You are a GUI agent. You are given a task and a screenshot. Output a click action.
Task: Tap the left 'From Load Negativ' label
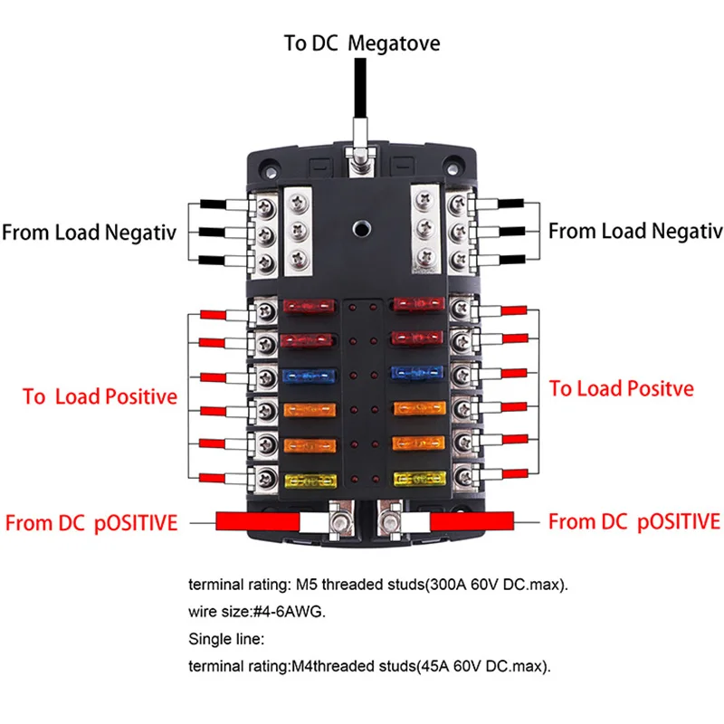pos(89,232)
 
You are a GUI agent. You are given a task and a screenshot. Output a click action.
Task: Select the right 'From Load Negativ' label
pos(635,231)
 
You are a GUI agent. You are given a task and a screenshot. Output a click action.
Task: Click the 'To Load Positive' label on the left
pos(100,396)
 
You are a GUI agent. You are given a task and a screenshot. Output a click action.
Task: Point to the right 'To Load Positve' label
pos(622,388)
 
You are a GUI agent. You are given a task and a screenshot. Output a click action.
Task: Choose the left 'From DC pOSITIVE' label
pos(91,522)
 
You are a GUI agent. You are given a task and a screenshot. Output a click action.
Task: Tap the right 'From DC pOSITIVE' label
pos(634,521)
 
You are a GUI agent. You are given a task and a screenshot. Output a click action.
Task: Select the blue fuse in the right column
pos(417,374)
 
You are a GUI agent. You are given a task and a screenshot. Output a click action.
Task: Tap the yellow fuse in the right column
pos(417,477)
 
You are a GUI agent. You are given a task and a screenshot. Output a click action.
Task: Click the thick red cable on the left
pos(257,522)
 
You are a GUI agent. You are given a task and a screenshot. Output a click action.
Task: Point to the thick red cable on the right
pos(472,521)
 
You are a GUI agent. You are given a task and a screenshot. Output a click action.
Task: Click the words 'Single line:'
pos(226,639)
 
